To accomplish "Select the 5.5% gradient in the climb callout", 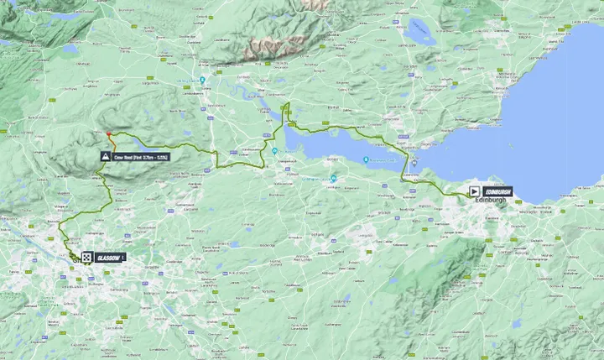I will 164,157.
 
